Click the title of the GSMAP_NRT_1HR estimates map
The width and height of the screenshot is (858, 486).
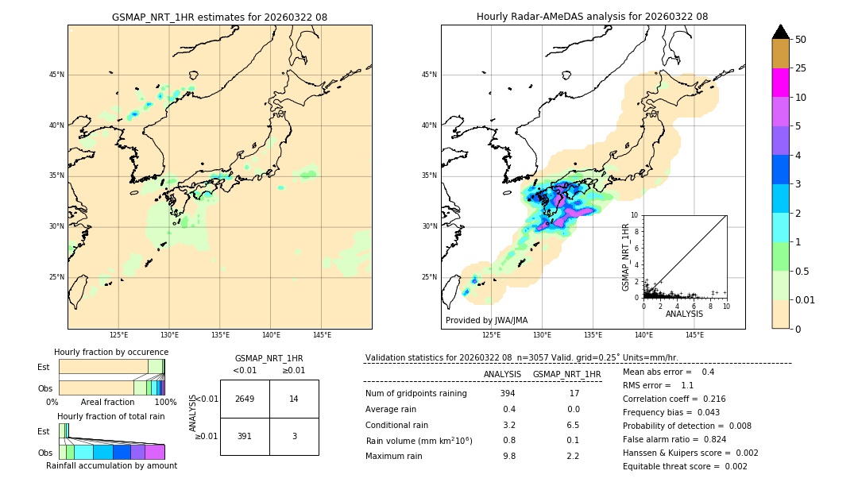(x=219, y=17)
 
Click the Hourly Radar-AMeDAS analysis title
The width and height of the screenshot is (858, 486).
(x=593, y=17)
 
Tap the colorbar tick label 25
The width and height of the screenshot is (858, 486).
(x=801, y=68)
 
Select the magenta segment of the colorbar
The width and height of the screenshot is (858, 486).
(x=780, y=83)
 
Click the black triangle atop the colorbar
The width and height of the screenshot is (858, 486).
(x=780, y=32)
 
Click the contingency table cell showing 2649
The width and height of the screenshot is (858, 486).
(x=245, y=399)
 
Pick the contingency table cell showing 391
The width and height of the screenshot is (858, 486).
(x=245, y=436)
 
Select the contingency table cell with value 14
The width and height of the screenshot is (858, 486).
(x=294, y=399)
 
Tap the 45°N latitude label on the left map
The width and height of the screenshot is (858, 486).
(x=56, y=75)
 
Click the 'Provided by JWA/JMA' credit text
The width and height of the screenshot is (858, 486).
(x=486, y=321)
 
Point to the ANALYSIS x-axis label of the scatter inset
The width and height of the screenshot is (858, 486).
(x=684, y=314)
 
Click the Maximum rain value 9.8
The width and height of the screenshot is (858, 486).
(x=508, y=456)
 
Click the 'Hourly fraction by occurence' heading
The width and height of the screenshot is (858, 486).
(x=111, y=352)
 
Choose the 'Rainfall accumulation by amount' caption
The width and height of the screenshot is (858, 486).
(x=111, y=465)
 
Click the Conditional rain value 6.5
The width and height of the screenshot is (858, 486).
(x=573, y=425)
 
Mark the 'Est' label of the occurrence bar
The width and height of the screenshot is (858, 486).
(x=44, y=367)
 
